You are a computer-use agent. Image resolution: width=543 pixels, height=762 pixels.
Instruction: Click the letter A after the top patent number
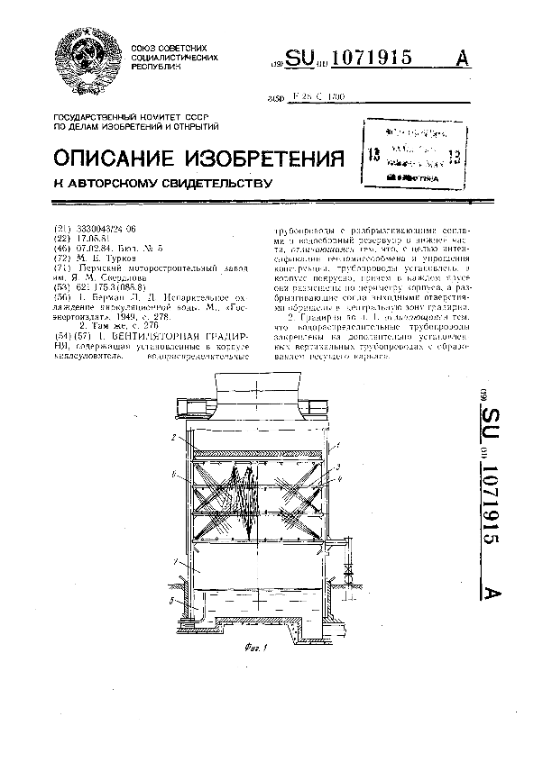464,58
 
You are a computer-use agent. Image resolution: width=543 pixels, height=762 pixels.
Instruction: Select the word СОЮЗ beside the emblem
146,47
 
